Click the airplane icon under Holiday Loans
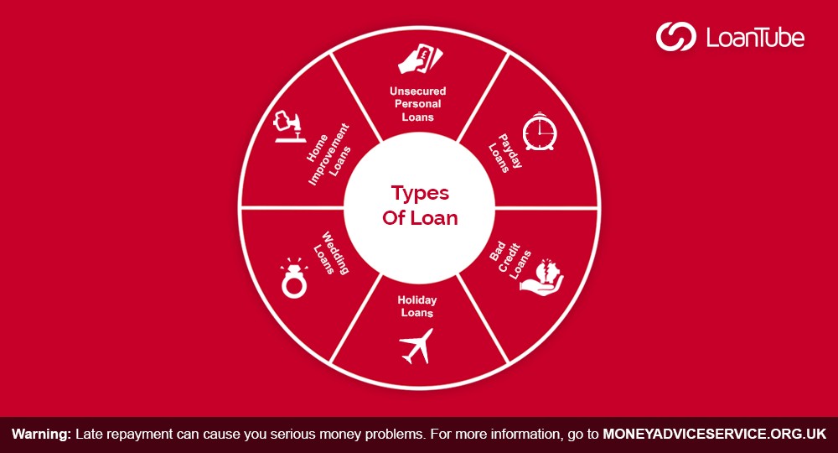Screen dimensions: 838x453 click(x=416, y=346)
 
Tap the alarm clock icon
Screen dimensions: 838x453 click(x=540, y=132)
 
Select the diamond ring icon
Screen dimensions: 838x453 click(x=294, y=278)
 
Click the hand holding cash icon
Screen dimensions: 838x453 click(x=420, y=59)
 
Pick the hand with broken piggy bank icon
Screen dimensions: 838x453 click(x=542, y=277)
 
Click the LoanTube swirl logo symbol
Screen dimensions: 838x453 click(x=676, y=36)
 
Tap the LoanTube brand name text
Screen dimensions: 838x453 click(x=755, y=38)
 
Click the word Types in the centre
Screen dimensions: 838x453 click(x=420, y=194)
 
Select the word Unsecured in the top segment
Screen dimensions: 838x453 click(x=418, y=91)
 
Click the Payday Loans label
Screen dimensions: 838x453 click(x=505, y=153)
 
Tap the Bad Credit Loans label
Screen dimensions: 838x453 click(x=510, y=260)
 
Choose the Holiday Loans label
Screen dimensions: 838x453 click(x=417, y=306)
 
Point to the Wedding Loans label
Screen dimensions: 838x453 click(x=331, y=253)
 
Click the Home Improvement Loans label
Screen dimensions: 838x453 click(x=328, y=154)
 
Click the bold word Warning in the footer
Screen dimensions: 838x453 click(x=41, y=434)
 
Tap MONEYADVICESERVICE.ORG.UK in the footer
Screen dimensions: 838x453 click(x=715, y=434)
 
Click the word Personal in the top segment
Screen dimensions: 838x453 click(x=418, y=104)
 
